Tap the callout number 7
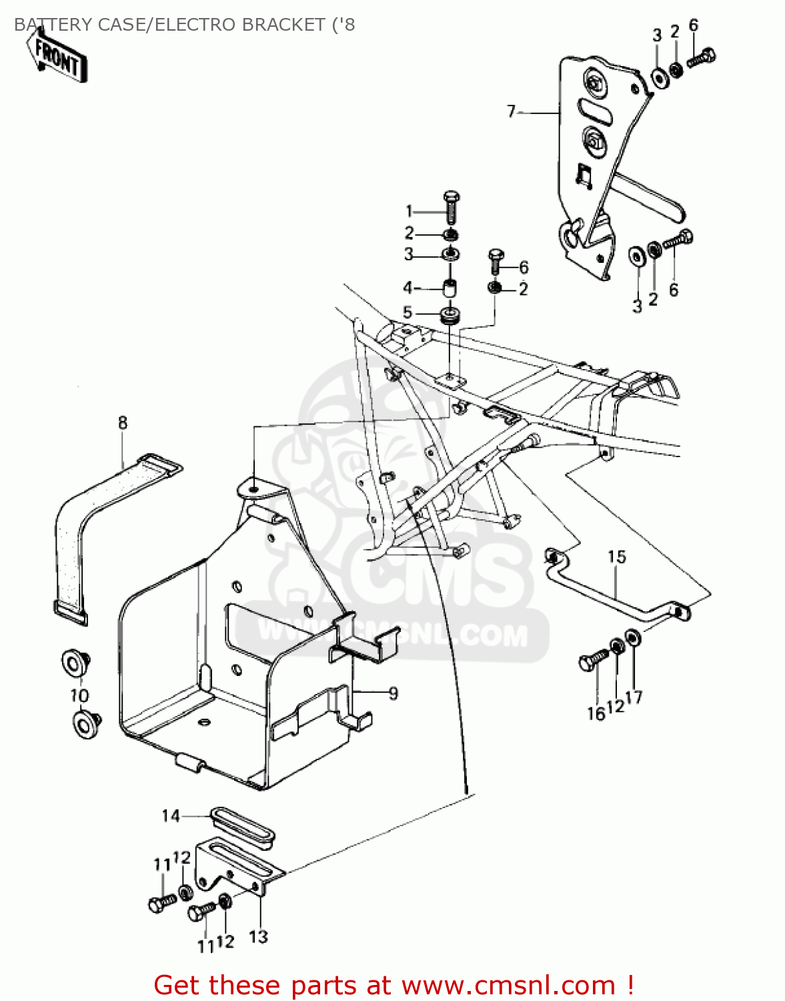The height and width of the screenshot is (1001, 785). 512,111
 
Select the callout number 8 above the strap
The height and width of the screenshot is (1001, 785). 123,422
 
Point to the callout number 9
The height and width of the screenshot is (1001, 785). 394,693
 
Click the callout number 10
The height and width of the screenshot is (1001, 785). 79,695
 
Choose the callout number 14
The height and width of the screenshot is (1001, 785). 171,815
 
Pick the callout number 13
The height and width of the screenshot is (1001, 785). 258,936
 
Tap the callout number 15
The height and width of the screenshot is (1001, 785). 617,557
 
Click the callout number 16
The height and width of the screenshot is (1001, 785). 596,713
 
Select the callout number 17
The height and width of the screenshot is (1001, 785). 634,697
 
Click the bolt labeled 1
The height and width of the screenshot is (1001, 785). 452,207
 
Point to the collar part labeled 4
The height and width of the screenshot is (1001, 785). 450,290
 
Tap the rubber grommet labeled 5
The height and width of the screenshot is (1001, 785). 450,314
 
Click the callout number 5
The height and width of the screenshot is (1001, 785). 408,312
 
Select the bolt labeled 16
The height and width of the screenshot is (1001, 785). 592,660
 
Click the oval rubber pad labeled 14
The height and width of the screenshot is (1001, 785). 242,828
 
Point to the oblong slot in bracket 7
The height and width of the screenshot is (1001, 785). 594,110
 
